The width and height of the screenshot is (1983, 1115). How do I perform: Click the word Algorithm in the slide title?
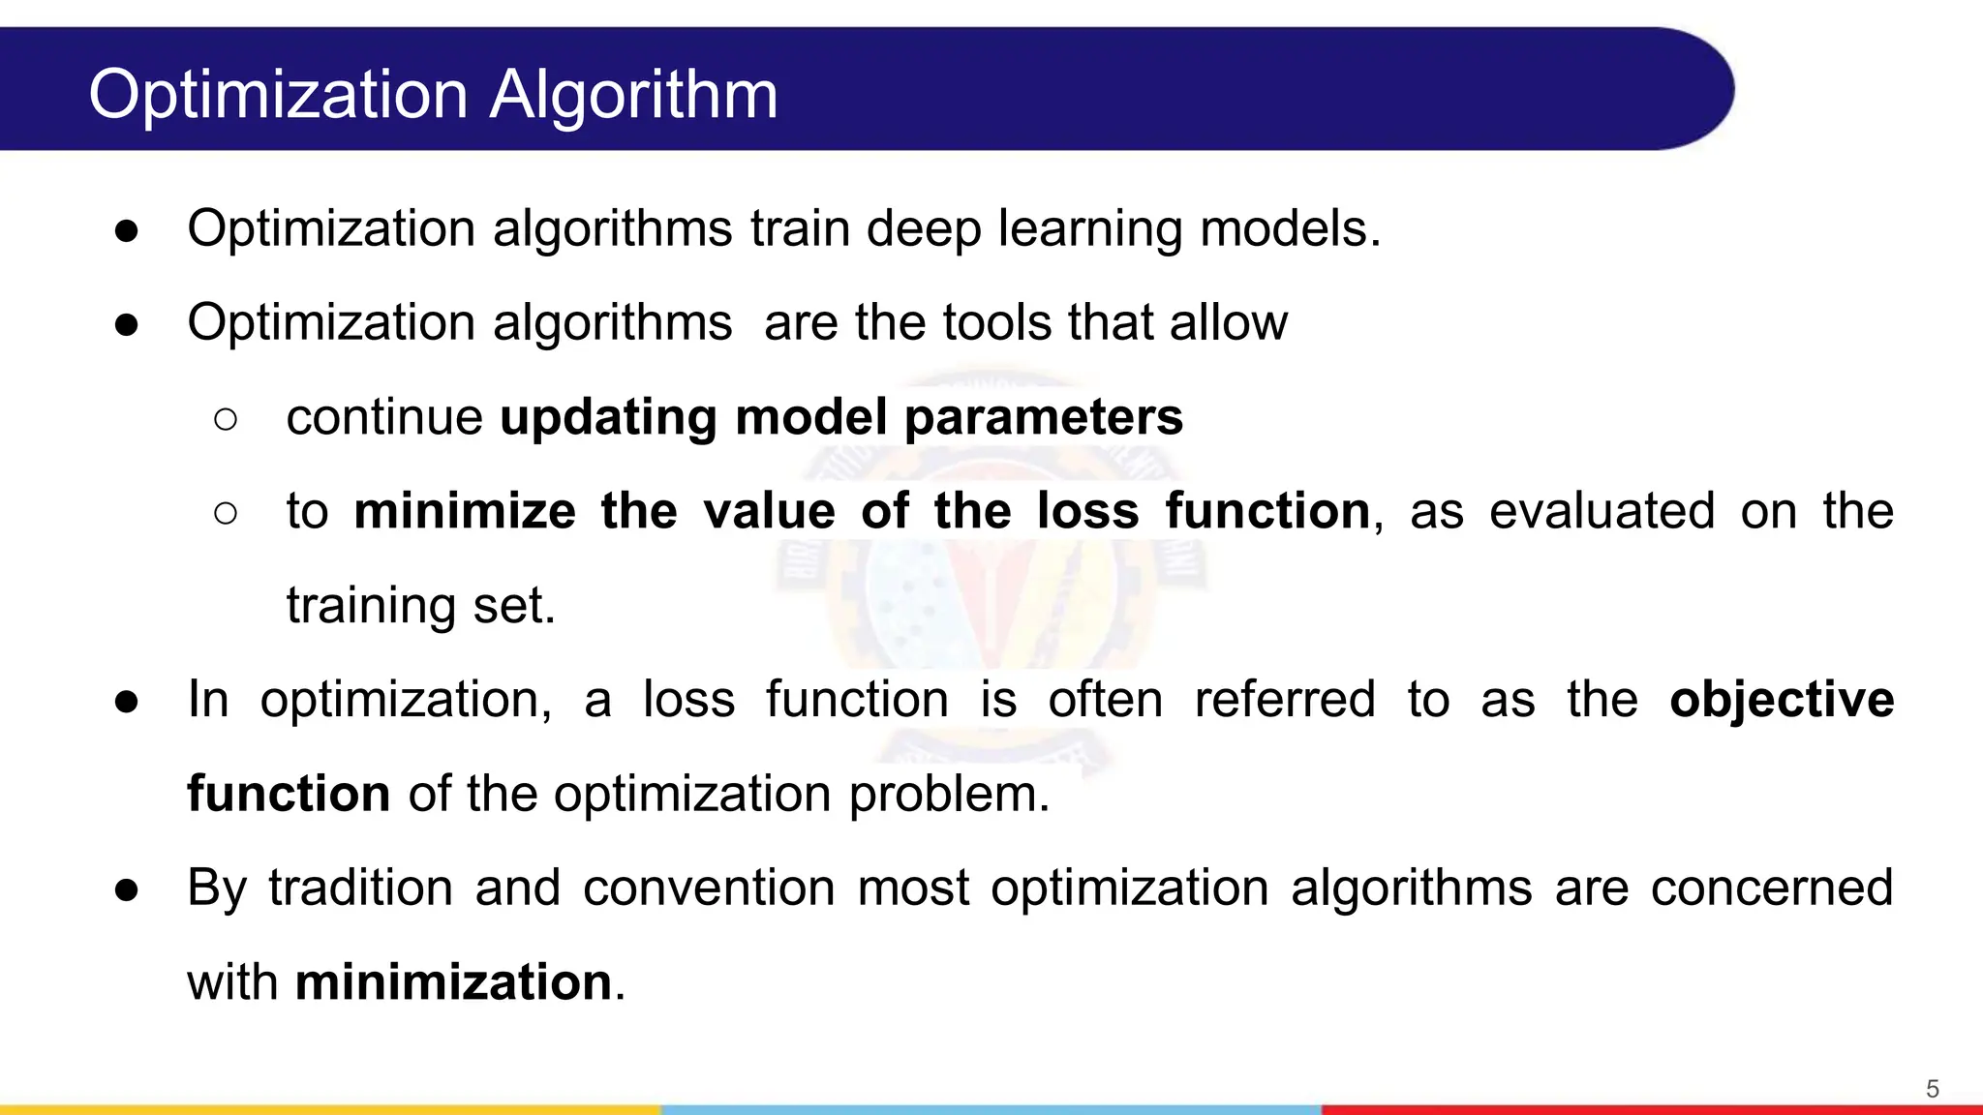633,95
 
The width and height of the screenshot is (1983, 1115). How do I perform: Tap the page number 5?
1932,1089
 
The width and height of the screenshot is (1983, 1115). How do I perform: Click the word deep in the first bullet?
923,230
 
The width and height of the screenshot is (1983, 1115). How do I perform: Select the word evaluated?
1602,511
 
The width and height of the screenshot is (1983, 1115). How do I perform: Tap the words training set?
420,606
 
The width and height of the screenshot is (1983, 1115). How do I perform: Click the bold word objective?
1782,700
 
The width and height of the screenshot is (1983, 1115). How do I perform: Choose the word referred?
1284,700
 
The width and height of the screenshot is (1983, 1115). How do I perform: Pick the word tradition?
360,888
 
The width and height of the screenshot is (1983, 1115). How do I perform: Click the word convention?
708,888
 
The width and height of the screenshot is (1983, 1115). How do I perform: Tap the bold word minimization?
453,982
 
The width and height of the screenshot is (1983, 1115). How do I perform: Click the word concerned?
1771,888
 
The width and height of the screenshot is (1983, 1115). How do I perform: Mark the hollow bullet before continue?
225,419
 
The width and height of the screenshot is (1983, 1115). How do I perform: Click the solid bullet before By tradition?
126,889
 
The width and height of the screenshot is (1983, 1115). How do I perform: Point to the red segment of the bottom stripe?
1646,1109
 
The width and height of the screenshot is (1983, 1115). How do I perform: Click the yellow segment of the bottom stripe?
329,1109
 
